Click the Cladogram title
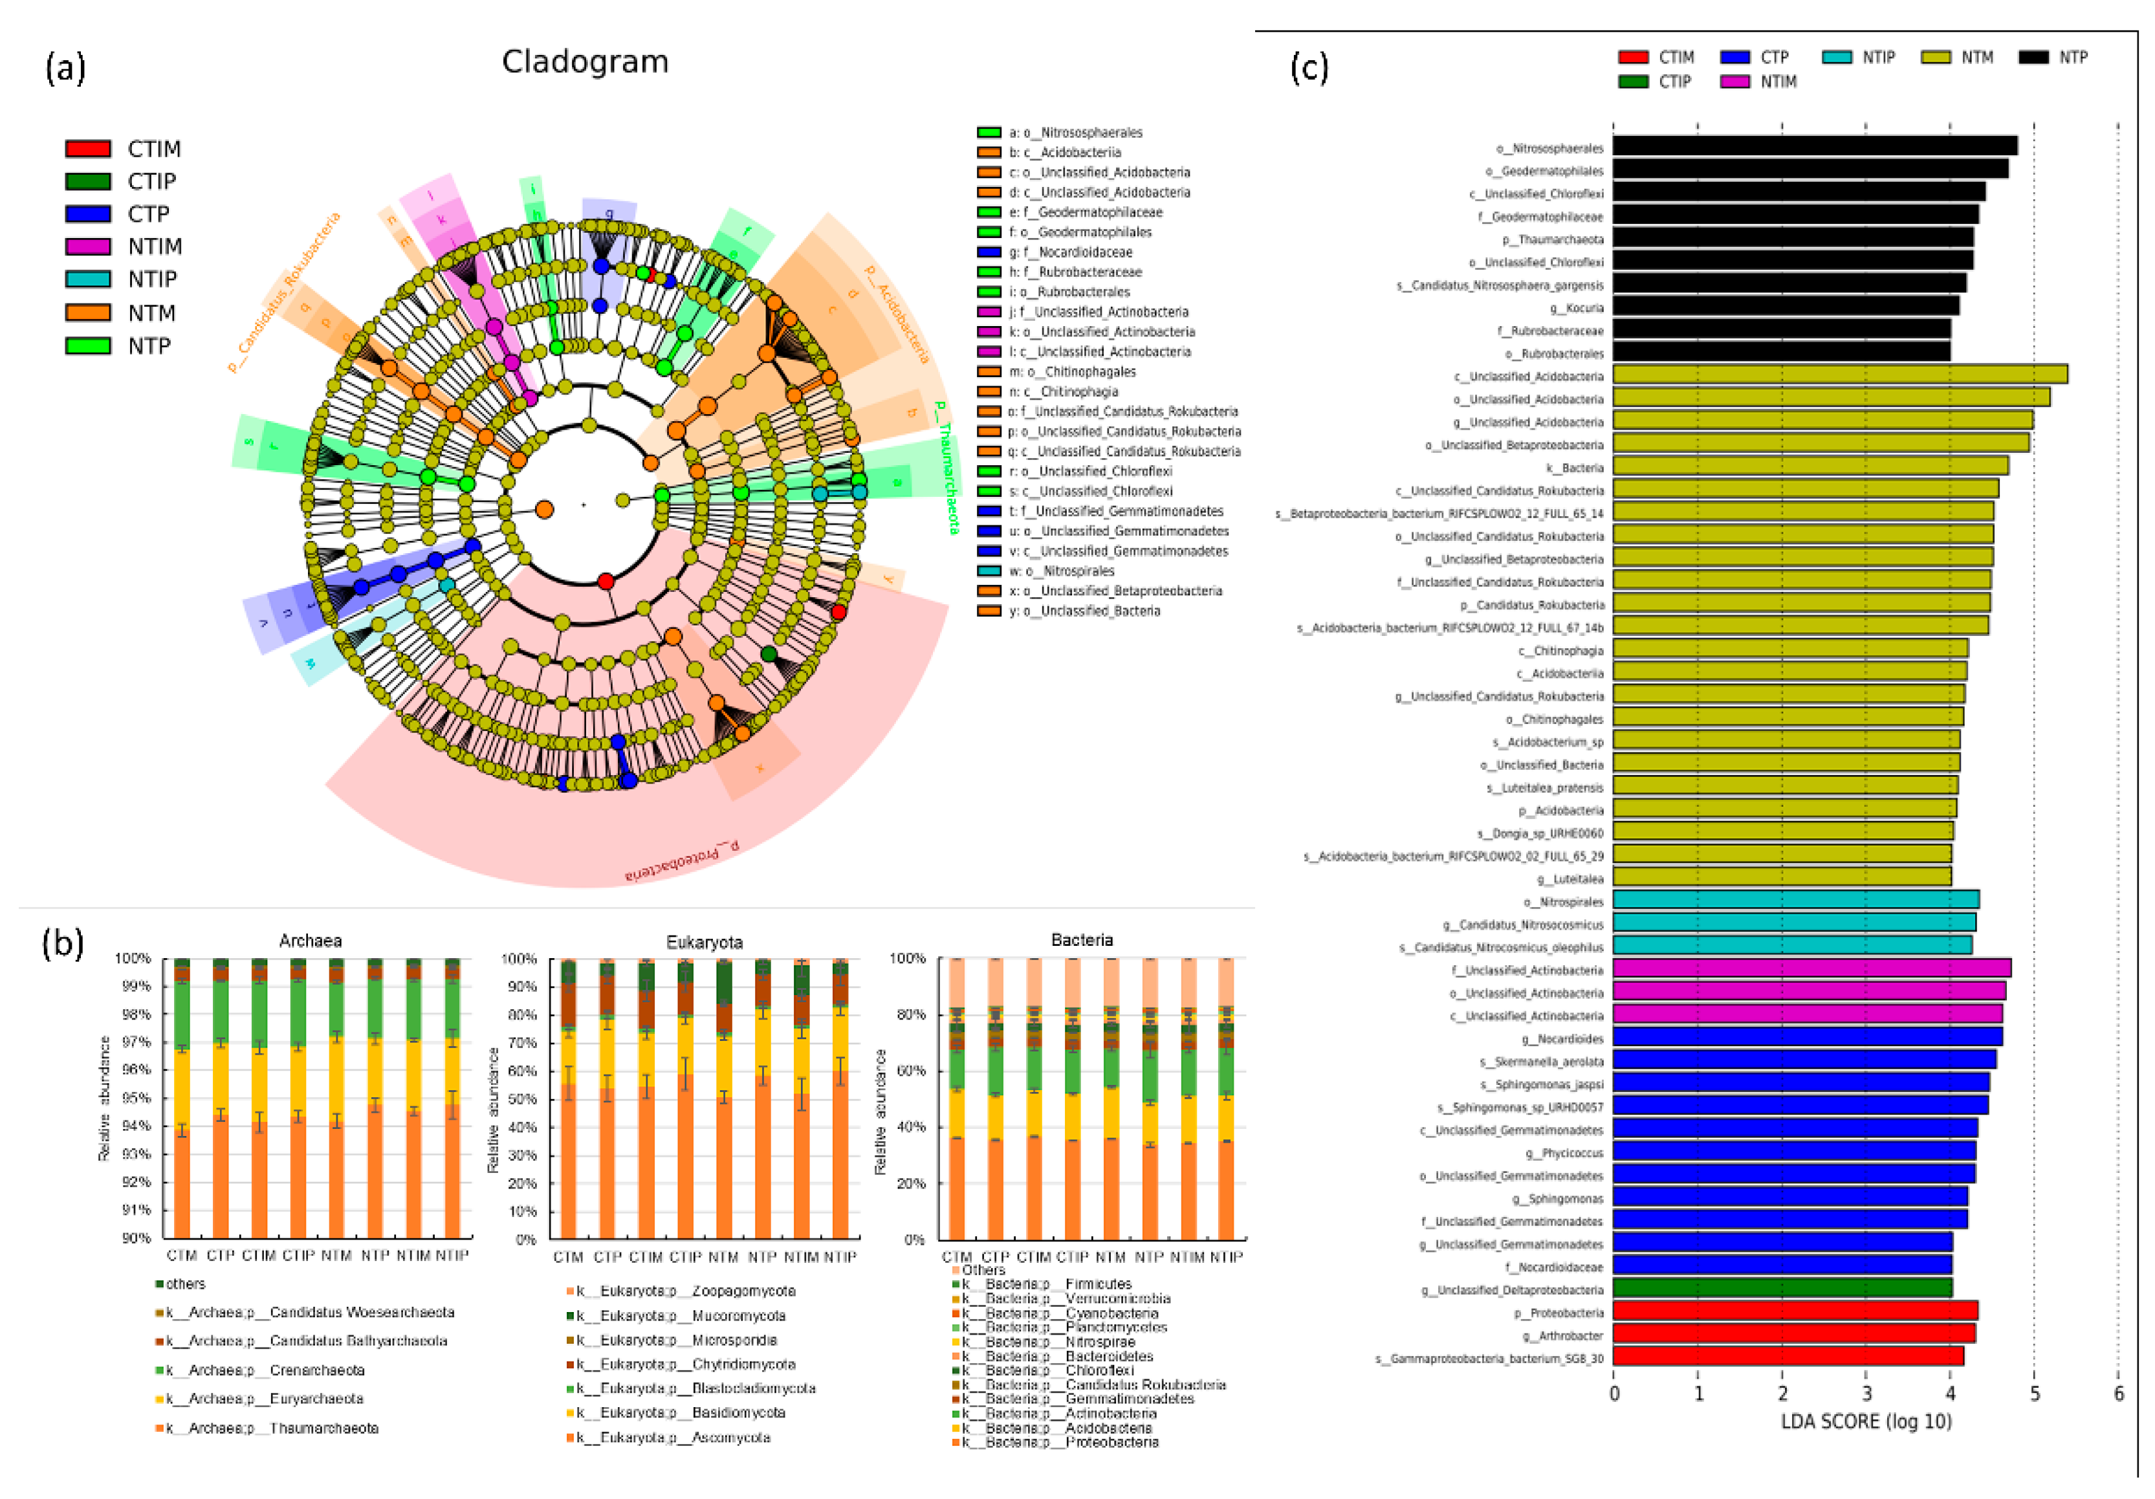[585, 62]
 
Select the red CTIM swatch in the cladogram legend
[88, 148]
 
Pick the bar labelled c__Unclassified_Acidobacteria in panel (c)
[1840, 375]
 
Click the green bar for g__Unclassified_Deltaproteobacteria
[1782, 1289]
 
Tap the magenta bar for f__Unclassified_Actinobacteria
[1811, 968]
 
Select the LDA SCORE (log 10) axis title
[1866, 1422]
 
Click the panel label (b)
[63, 943]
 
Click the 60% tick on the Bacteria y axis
[908, 1071]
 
